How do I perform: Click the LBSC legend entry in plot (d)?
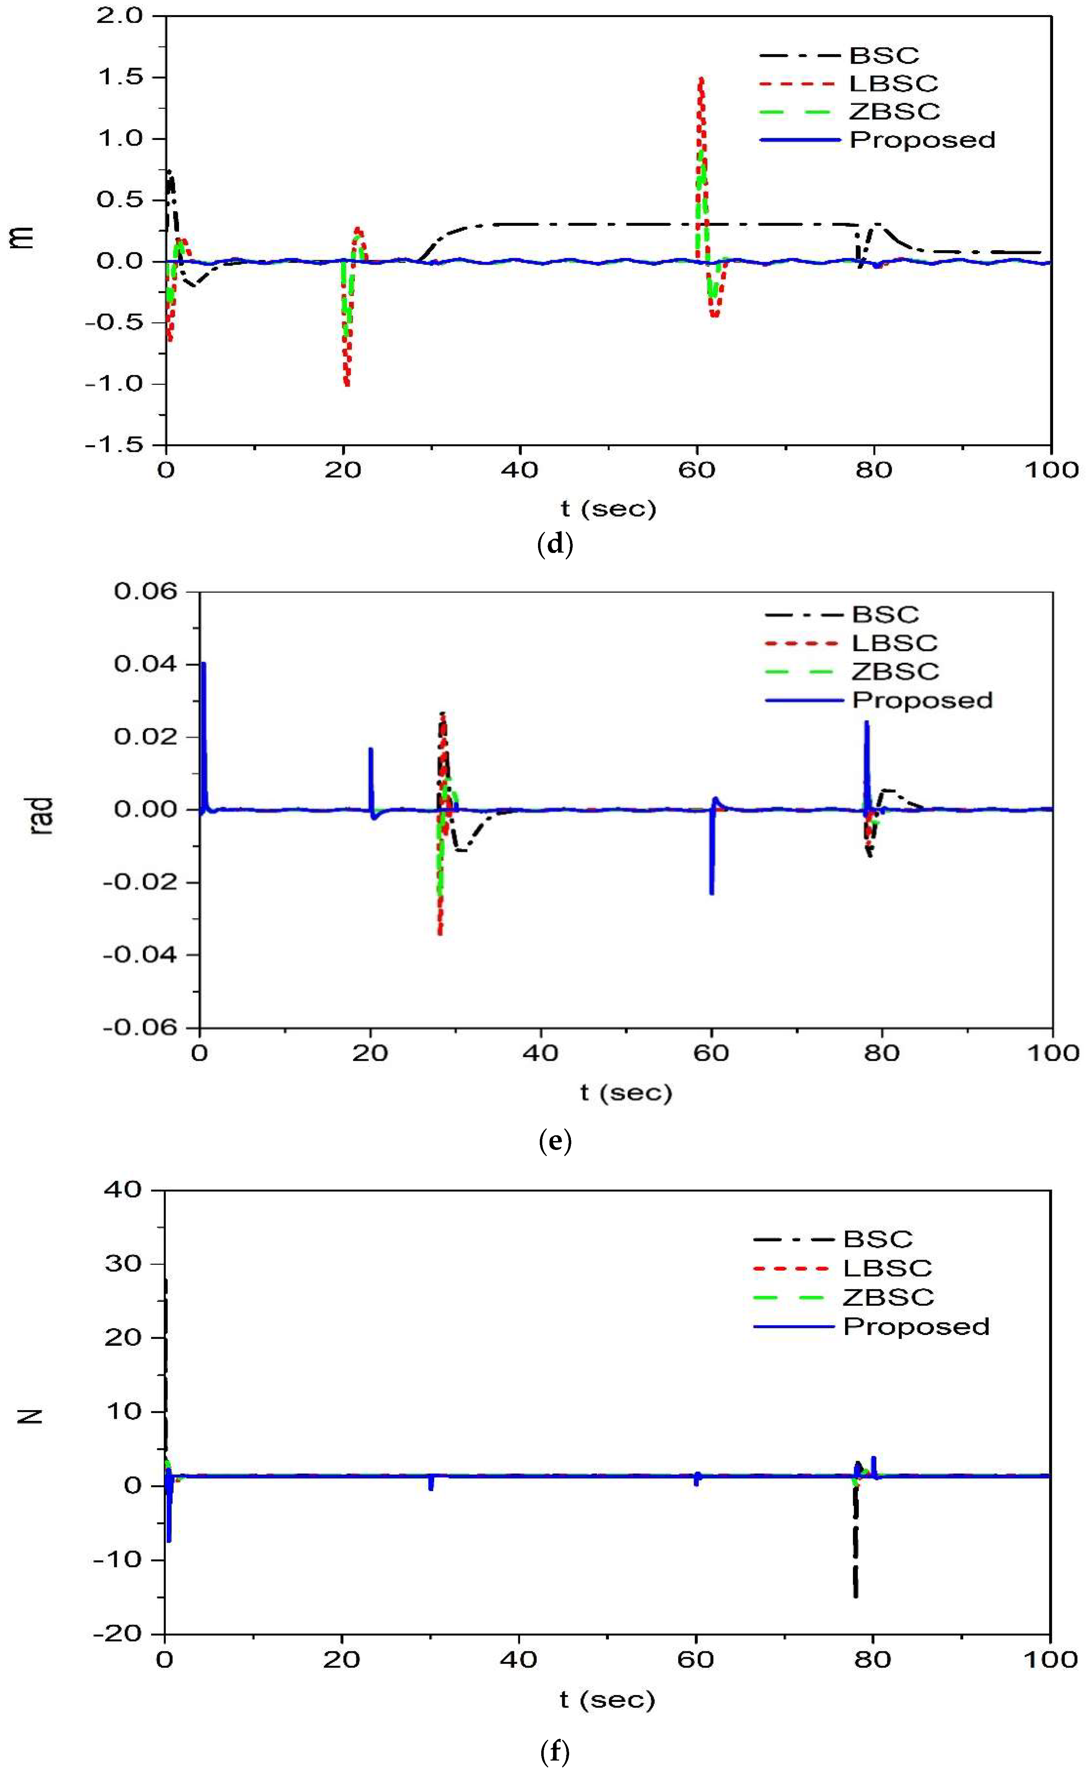point(893,83)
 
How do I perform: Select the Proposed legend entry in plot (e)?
point(922,700)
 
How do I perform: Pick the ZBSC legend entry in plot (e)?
point(896,672)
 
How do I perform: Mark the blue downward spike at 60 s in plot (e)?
point(711,893)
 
